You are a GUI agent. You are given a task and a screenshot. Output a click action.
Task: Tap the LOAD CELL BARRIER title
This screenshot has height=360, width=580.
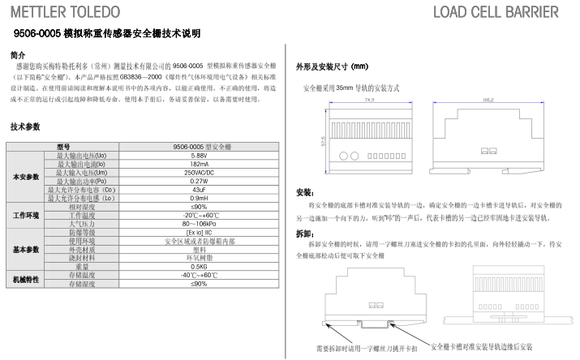pos(496,12)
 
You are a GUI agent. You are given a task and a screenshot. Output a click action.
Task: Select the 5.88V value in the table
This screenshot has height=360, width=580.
pos(199,155)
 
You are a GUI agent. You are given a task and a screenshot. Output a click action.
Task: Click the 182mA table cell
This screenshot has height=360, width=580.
pos(199,162)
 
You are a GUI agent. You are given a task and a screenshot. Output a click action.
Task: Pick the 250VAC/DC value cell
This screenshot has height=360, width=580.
pos(199,172)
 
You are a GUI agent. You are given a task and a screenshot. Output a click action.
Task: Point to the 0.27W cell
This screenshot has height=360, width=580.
pos(199,181)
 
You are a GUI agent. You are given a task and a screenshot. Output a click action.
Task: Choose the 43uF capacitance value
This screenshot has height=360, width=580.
pos(199,189)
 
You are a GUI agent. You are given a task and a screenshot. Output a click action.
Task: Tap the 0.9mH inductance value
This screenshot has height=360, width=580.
pos(199,197)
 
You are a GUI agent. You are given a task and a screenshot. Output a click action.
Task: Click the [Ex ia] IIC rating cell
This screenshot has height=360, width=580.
pos(199,232)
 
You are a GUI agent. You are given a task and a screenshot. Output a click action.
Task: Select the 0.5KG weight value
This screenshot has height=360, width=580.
pos(199,266)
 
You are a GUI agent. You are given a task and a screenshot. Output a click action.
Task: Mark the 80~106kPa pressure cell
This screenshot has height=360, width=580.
pos(199,223)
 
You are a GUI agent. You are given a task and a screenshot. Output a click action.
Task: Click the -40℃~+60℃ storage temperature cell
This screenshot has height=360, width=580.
pos(199,275)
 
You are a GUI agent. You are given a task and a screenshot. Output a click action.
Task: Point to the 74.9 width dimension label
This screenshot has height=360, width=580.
pos(369,101)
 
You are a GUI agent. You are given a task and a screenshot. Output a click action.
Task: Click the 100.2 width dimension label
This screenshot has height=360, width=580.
pos(488,101)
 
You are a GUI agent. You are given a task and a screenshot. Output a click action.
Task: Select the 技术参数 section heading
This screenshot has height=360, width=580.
pos(25,127)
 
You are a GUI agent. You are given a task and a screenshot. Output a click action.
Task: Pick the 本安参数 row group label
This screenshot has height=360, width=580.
pos(26,176)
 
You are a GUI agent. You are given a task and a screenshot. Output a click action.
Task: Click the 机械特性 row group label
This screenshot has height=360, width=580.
pos(26,280)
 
